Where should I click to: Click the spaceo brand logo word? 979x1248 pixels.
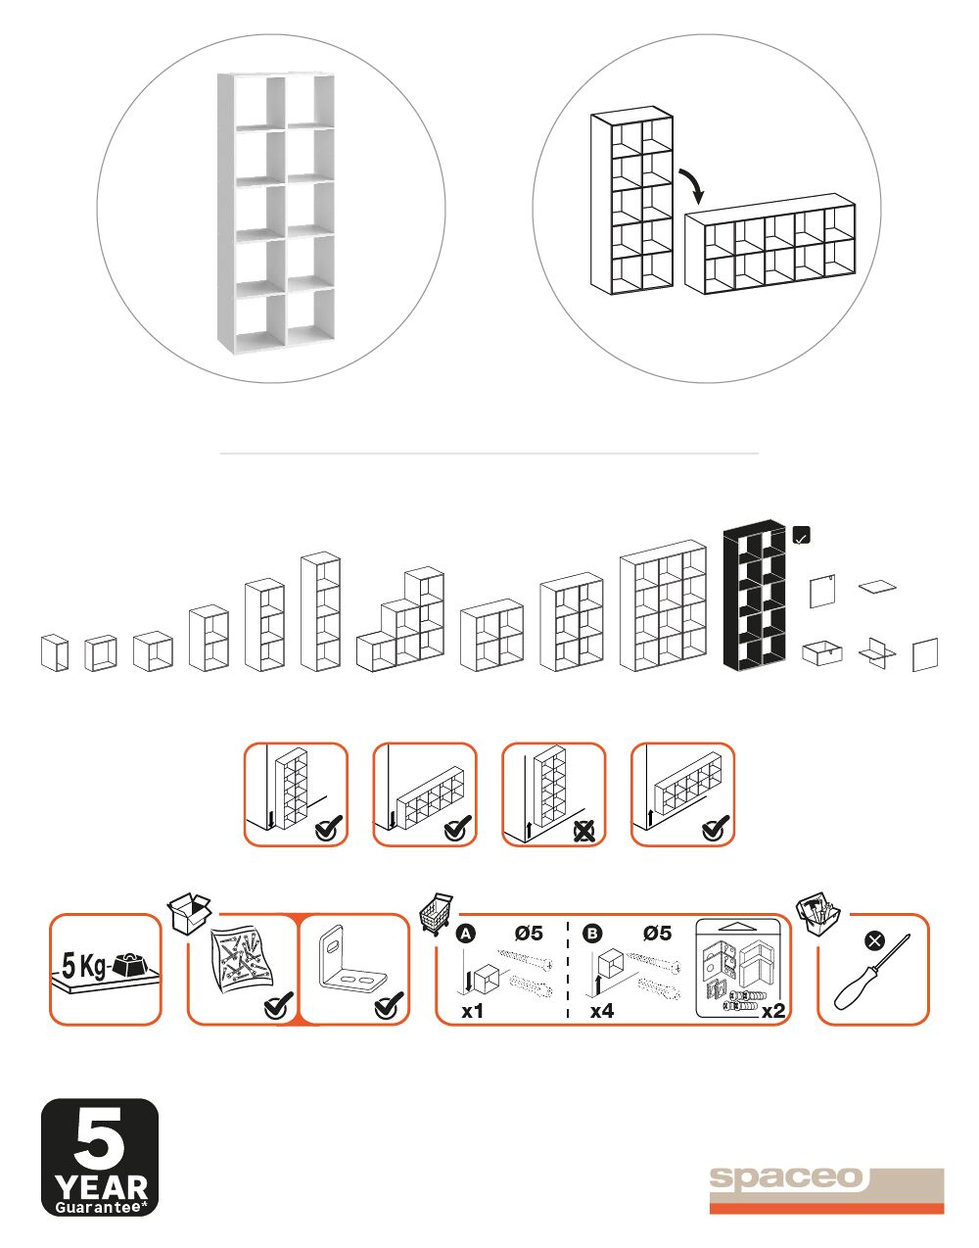click(786, 1177)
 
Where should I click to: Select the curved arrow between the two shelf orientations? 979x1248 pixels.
click(692, 185)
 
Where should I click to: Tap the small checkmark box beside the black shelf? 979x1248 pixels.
click(802, 536)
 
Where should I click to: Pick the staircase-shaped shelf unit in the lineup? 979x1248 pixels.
click(400, 620)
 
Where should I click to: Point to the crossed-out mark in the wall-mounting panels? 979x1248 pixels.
click(584, 831)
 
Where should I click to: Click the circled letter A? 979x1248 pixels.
click(466, 934)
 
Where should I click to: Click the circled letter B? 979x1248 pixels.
click(592, 934)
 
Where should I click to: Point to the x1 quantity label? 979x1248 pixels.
click(472, 1010)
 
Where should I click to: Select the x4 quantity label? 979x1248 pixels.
click(602, 1010)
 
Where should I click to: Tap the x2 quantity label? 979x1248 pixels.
click(773, 1010)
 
